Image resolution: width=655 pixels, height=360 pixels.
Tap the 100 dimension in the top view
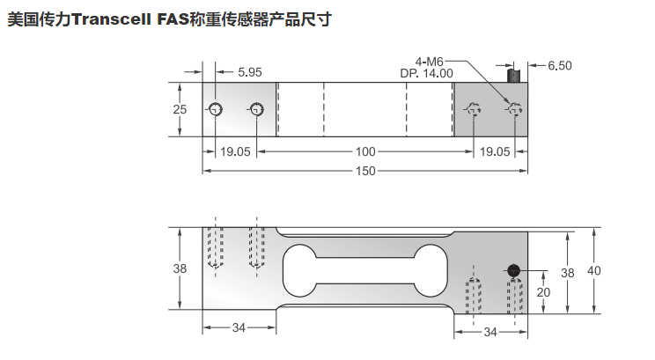pyautogui.click(x=365, y=151)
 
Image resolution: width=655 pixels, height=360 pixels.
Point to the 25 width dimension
pyautogui.click(x=180, y=109)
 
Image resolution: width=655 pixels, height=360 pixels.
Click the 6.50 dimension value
pyautogui.click(x=560, y=65)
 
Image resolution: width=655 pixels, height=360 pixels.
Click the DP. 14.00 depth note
pyautogui.click(x=429, y=73)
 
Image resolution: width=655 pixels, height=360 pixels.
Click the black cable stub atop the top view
pyautogui.click(x=512, y=76)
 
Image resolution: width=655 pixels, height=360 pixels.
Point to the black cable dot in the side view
pyautogui.click(x=513, y=270)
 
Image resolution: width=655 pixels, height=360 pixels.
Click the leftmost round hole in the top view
pyautogui.click(x=216, y=109)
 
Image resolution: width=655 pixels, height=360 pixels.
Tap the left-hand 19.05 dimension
pyautogui.click(x=235, y=151)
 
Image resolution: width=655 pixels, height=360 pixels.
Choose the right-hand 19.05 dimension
pyautogui.click(x=494, y=151)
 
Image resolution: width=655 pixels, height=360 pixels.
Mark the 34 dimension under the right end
pyautogui.click(x=490, y=332)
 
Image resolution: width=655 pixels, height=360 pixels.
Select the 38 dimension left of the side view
pyautogui.click(x=180, y=269)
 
